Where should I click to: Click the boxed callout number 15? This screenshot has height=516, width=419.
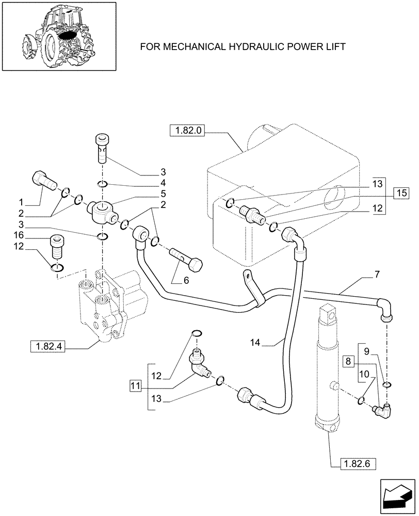[401, 193]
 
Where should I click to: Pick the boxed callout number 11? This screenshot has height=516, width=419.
[135, 385]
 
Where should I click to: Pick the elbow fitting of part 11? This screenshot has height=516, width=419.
[199, 364]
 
